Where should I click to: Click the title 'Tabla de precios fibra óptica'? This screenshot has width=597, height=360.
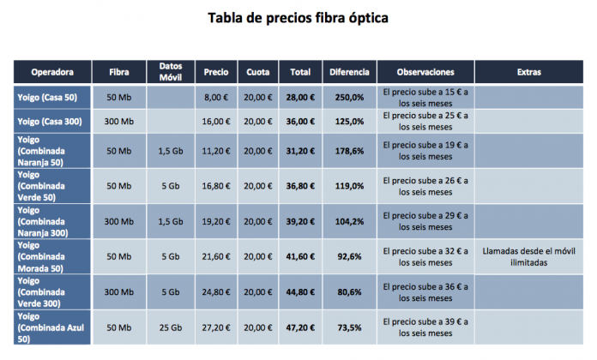click(x=298, y=18)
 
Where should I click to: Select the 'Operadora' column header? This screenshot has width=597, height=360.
click(x=52, y=72)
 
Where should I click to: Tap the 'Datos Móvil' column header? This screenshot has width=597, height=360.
click(x=171, y=71)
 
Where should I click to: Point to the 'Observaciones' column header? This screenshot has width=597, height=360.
click(x=425, y=72)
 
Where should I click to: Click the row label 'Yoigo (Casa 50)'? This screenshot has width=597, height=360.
click(x=48, y=97)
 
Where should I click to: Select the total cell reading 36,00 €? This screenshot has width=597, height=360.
click(x=300, y=122)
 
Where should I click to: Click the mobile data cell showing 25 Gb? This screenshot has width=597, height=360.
click(x=171, y=327)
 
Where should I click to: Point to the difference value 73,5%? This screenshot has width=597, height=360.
click(x=349, y=327)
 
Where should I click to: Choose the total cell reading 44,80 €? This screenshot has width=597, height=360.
click(x=300, y=291)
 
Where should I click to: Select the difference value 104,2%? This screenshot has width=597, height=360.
click(x=349, y=221)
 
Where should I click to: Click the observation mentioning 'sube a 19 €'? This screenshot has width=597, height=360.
click(x=425, y=151)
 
